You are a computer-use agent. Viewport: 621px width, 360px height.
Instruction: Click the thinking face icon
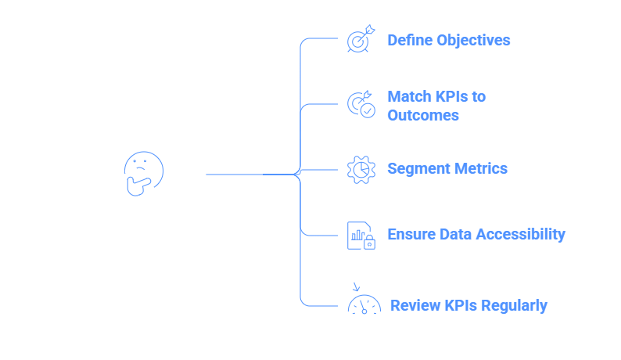144,173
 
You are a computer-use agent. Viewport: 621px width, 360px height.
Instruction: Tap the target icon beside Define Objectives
361,40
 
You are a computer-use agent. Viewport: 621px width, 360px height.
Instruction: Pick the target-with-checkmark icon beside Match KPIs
361,105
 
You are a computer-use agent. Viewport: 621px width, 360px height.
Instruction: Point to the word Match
408,96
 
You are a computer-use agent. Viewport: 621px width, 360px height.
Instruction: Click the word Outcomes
422,115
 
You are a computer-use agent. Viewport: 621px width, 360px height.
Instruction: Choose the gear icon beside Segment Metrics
361,169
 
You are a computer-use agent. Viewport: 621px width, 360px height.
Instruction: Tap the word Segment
415,168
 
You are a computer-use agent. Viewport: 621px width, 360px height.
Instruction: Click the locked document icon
361,235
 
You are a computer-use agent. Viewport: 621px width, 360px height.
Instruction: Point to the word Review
411,305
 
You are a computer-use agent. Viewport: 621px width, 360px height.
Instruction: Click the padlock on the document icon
369,243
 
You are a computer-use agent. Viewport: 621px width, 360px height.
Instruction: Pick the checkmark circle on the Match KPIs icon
368,110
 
